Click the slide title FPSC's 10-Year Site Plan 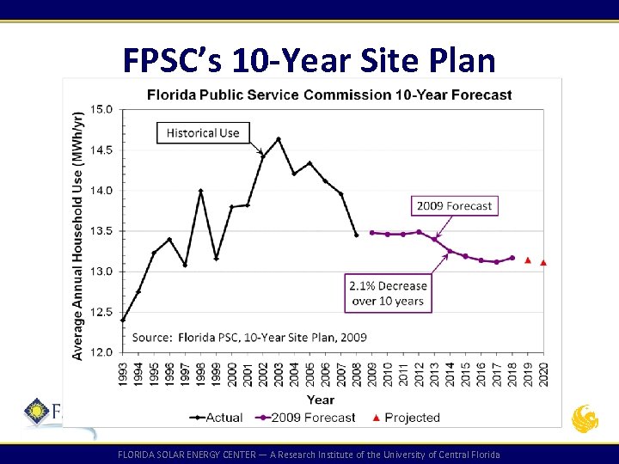pos(309,60)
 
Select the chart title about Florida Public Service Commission pos(329,95)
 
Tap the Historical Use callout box pos(203,133)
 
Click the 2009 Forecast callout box pos(454,205)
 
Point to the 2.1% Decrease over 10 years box pos(388,293)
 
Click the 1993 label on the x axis pos(123,374)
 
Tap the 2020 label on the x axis pos(542,374)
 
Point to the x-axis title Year pos(320,400)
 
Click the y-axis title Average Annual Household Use pos(78,234)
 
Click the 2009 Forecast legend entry pos(305,418)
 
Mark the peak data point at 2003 pos(279,139)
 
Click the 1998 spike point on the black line pos(200,191)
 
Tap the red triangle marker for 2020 pos(543,263)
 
